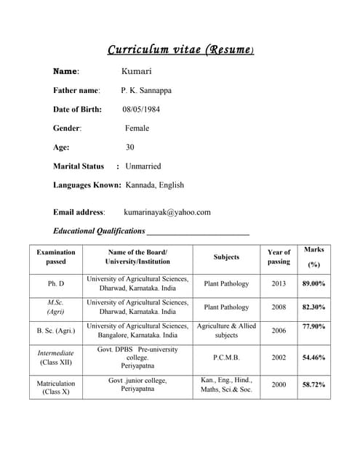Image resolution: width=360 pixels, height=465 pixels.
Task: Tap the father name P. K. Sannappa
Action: [146, 90]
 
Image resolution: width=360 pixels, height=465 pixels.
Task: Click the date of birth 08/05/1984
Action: [141, 109]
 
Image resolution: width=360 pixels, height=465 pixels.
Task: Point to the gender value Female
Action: [137, 128]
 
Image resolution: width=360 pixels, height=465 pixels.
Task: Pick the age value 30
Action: [129, 147]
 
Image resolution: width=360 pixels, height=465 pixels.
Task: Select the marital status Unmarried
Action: [143, 166]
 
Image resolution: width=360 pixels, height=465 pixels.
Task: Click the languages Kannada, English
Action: [154, 185]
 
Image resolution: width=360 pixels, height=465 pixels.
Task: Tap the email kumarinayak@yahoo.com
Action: [167, 212]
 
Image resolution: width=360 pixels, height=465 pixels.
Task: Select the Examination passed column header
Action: [56, 256]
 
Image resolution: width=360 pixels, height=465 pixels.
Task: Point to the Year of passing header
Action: [279, 256]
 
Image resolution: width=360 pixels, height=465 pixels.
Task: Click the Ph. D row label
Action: [56, 283]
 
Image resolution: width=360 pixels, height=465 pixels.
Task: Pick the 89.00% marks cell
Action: [313, 283]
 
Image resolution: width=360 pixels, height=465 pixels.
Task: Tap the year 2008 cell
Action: [279, 307]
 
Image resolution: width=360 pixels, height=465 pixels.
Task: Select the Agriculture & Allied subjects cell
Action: [226, 331]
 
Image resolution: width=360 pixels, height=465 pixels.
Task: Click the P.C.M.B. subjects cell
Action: [226, 357]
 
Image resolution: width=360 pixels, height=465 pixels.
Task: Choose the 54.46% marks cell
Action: [313, 357]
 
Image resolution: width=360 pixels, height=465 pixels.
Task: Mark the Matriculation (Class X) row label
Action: [56, 387]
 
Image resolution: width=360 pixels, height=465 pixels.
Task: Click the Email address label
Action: [79, 212]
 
